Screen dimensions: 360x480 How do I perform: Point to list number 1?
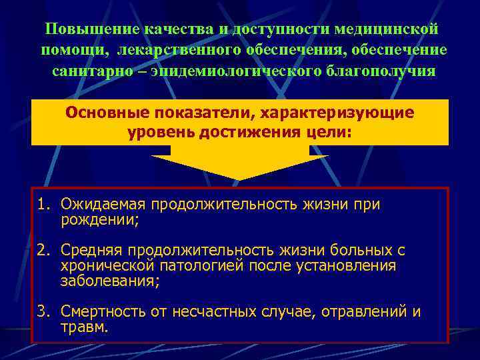coord(41,205)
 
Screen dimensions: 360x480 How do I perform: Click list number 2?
coord(41,251)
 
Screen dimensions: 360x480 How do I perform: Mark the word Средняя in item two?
coord(91,251)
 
